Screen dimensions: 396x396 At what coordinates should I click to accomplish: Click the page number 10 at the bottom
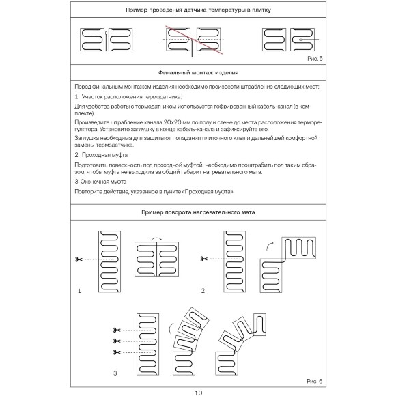point(198,392)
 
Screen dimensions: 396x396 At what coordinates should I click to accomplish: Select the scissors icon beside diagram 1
point(80,259)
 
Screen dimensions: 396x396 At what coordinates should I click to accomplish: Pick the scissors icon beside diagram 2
point(203,258)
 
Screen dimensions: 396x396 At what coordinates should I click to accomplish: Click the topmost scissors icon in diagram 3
point(116,330)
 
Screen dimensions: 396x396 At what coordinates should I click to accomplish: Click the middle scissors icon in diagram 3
point(116,340)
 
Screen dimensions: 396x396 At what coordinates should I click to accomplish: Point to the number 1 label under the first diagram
point(79,291)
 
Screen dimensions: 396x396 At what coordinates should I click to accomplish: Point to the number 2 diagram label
point(203,291)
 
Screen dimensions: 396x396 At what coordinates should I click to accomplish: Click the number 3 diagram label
point(115,373)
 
